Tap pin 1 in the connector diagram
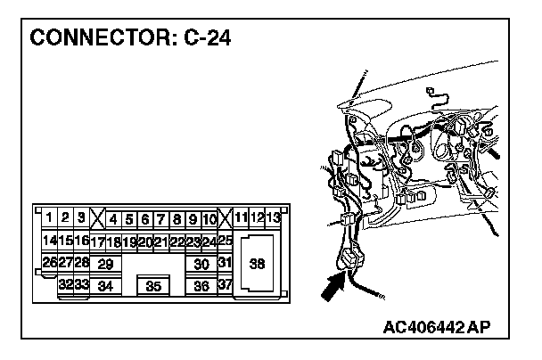(49, 217)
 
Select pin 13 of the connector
(274, 217)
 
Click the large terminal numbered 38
(257, 264)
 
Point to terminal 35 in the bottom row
(153, 287)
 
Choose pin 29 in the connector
(105, 264)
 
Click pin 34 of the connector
(105, 287)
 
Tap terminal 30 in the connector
(201, 264)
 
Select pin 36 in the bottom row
(201, 287)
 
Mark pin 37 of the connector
(225, 285)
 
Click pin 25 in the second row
(225, 241)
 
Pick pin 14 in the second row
(49, 241)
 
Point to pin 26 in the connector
(49, 263)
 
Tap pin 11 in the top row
(242, 217)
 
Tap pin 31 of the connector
(225, 263)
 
